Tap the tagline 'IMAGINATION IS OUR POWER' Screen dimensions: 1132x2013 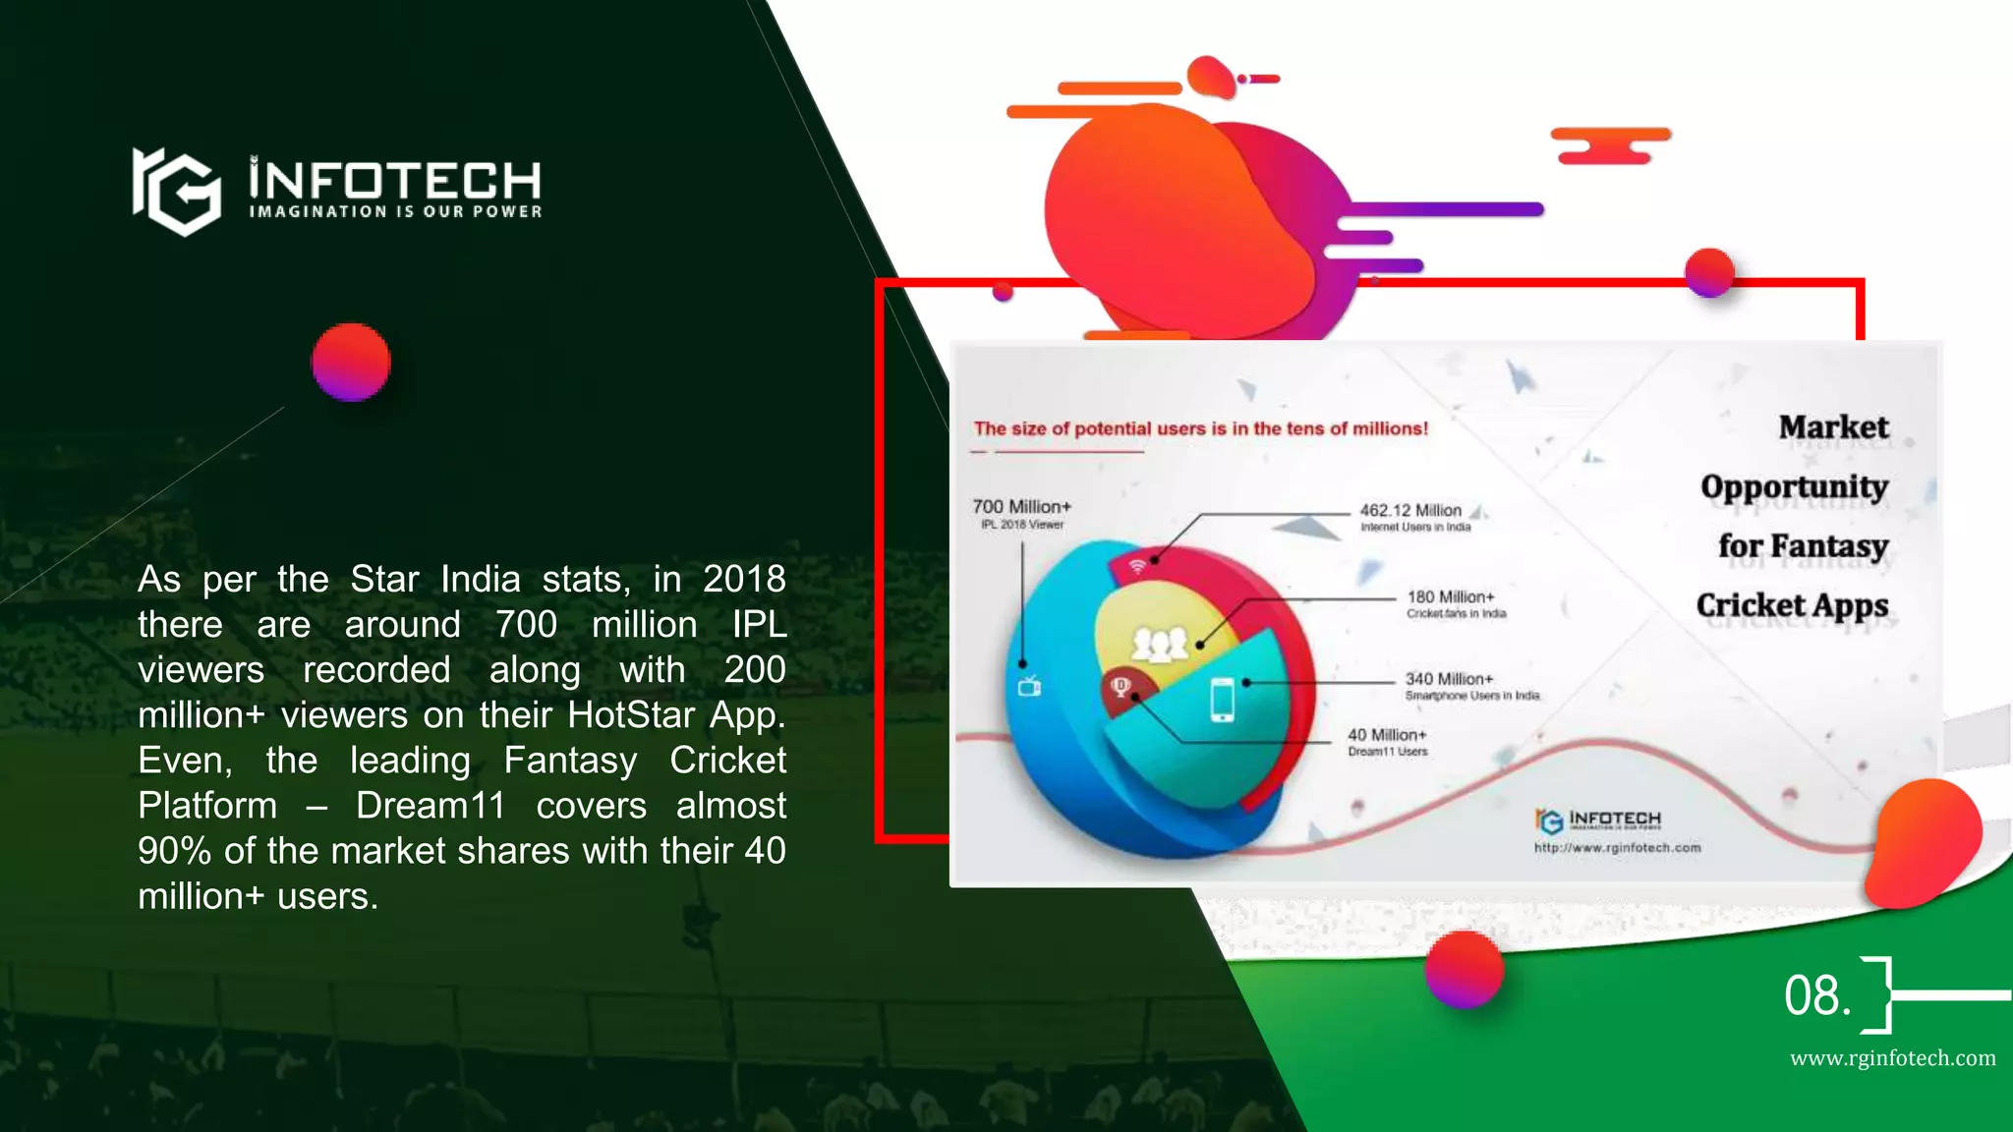point(395,211)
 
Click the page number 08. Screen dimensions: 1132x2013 point(1816,995)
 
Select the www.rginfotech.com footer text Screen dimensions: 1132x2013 point(1892,1058)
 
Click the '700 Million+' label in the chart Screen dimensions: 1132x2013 point(1021,507)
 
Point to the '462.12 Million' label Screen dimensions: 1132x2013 point(1410,511)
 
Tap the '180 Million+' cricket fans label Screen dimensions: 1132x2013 point(1451,597)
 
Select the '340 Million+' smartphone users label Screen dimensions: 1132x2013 point(1449,679)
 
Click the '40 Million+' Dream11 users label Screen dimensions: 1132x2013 point(1387,735)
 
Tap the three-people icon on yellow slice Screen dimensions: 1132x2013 point(1160,646)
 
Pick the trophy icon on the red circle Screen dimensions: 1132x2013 point(1121,686)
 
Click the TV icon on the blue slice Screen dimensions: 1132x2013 point(1029,686)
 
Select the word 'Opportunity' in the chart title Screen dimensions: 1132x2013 point(1794,486)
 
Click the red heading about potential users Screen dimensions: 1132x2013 point(1200,428)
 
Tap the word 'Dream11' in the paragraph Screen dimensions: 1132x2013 point(430,806)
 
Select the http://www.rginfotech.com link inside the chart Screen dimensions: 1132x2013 point(1617,848)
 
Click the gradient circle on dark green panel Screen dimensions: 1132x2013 point(351,362)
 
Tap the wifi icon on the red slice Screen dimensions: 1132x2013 point(1137,567)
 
